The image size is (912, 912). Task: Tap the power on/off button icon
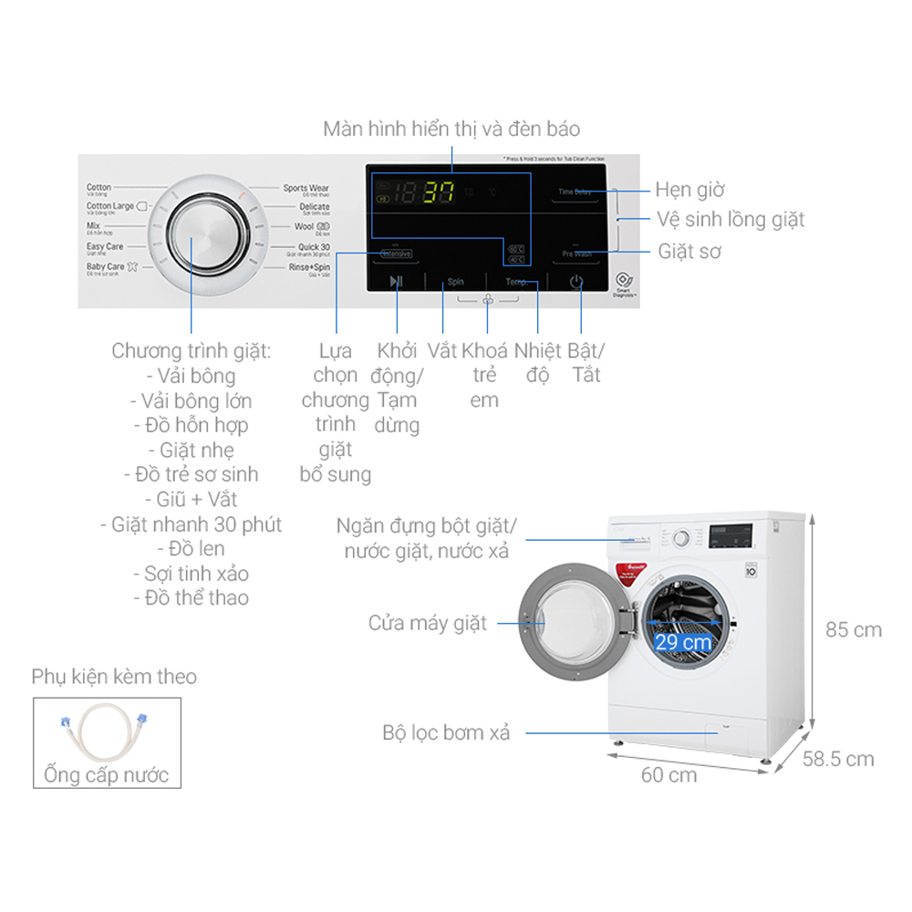coord(576,282)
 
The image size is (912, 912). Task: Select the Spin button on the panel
coord(455,283)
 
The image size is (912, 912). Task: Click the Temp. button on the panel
coord(517,283)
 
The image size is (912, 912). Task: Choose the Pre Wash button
coord(576,254)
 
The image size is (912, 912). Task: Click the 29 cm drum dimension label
coord(682,641)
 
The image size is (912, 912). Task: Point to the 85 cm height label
coord(854,629)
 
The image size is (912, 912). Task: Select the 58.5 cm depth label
coord(838,759)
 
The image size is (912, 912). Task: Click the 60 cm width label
coord(668,775)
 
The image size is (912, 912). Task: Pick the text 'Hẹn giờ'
coord(689,190)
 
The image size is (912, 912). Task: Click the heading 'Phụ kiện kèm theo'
coord(114,677)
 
